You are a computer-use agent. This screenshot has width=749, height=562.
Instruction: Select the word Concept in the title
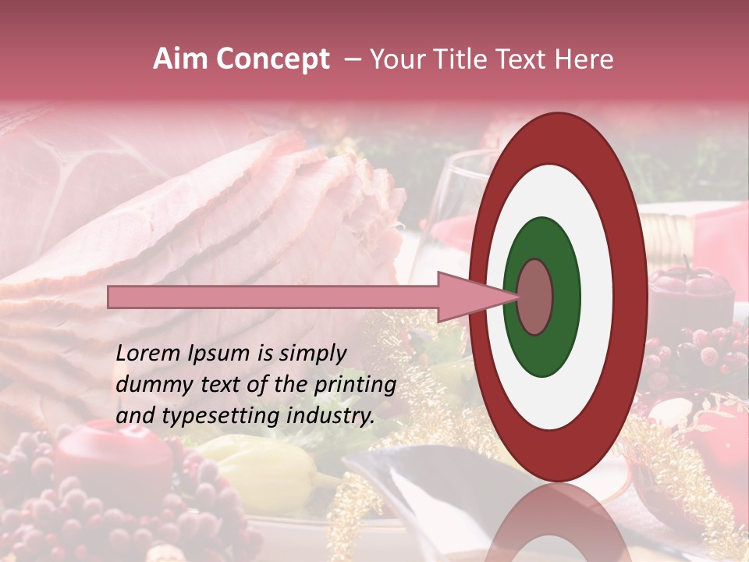coord(273,60)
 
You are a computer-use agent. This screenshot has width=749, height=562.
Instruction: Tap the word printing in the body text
coord(356,386)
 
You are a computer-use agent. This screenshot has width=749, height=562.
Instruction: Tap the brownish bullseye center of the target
coord(535,297)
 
